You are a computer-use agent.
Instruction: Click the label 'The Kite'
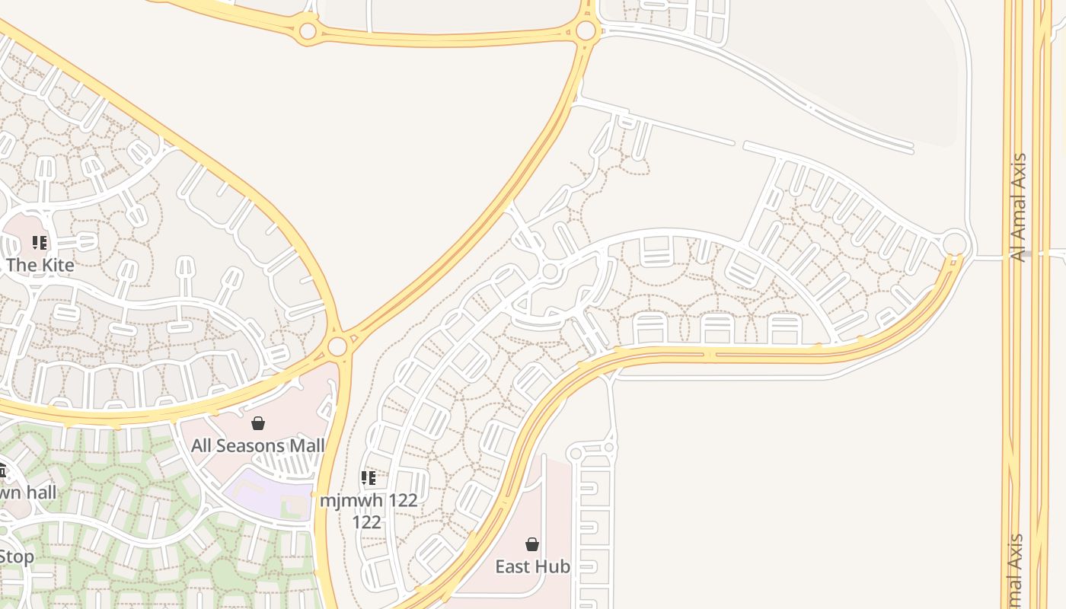(40, 265)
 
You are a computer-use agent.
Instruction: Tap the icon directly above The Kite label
(40, 243)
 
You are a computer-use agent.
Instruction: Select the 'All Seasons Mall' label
(258, 445)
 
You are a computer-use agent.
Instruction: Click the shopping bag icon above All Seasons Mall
(258, 423)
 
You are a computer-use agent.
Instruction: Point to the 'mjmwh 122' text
(369, 500)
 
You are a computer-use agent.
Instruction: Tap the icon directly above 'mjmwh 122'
(369, 478)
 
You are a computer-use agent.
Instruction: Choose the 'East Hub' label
(532, 566)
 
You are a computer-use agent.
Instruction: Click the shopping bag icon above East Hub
(532, 544)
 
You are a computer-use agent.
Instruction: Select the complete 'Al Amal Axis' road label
(1019, 207)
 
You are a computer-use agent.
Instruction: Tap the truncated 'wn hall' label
(28, 492)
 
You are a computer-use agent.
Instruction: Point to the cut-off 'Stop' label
(16, 556)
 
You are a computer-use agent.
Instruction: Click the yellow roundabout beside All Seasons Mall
(337, 347)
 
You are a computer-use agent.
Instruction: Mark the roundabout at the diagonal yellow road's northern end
(586, 31)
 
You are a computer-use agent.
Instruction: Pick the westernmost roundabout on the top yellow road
(308, 31)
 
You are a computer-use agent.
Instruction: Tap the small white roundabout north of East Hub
(576, 454)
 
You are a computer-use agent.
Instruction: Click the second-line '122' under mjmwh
(366, 522)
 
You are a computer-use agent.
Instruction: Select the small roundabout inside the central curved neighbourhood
(551, 271)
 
